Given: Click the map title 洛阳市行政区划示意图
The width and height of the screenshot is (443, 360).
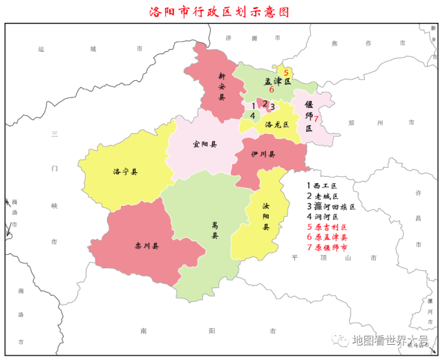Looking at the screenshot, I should [x=219, y=12].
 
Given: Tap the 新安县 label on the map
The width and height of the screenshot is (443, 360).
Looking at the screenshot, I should [x=222, y=86].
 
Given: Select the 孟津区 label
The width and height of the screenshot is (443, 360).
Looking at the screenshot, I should [x=278, y=82].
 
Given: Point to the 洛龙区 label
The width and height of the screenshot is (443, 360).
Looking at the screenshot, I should [x=278, y=125].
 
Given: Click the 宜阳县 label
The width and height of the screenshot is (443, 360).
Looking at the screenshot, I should [x=205, y=145].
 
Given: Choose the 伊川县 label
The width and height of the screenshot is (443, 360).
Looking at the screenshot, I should [x=263, y=155].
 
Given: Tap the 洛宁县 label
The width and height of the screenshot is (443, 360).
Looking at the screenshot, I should [x=125, y=171].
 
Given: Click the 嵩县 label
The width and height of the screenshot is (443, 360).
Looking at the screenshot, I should [x=215, y=227].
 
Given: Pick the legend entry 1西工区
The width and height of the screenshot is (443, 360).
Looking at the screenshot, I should [x=322, y=186].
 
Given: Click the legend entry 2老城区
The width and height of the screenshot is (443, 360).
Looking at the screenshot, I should [x=322, y=196].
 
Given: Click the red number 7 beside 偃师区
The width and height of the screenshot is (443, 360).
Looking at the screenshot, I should [x=316, y=119].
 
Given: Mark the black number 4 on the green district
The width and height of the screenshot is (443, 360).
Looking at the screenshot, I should [x=252, y=115].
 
